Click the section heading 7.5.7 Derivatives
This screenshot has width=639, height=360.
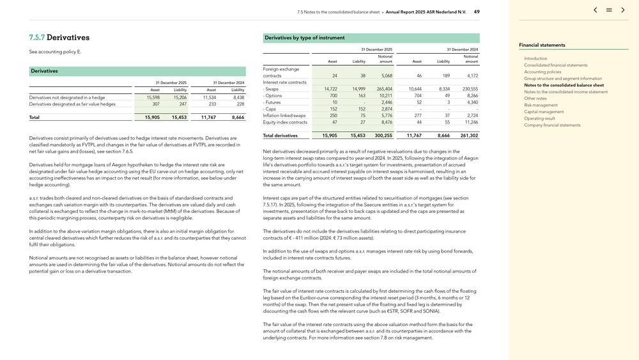(x=59, y=38)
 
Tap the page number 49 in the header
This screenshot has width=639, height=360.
(x=477, y=12)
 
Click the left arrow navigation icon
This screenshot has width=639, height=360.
(x=595, y=10)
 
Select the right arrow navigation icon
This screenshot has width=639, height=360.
(x=623, y=10)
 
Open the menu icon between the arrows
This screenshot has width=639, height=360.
(x=609, y=10)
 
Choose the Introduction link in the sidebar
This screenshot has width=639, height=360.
(x=535, y=58)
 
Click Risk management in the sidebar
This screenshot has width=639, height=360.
(x=541, y=105)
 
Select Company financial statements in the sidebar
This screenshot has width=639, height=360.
(x=552, y=125)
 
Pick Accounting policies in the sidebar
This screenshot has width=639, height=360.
(x=543, y=72)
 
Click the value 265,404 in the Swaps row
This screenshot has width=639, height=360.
(x=385, y=89)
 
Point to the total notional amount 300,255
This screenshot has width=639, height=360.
(x=383, y=136)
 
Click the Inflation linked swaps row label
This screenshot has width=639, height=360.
(x=284, y=115)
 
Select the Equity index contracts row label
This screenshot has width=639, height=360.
(x=285, y=122)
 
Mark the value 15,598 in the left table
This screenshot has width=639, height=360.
(x=153, y=97)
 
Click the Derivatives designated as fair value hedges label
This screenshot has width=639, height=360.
(x=72, y=104)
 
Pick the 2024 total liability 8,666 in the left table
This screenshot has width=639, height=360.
(x=238, y=118)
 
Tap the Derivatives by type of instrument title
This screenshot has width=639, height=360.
(x=304, y=38)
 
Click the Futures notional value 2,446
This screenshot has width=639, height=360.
(x=387, y=102)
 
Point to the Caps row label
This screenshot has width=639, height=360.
(x=270, y=109)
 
